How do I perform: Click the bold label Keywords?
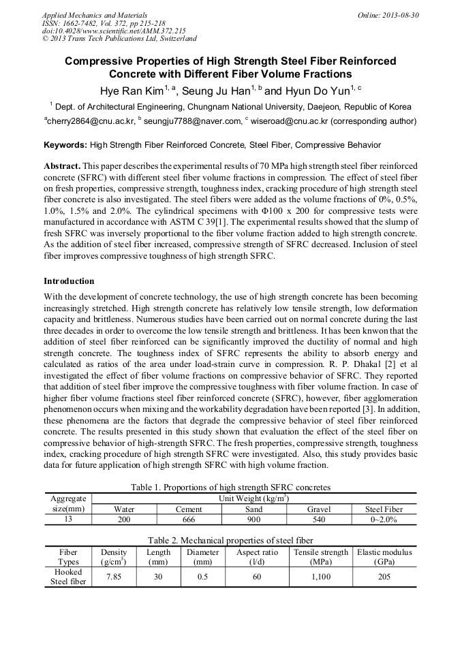(65, 145)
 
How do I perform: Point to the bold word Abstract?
(63, 166)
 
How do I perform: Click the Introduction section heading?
(69, 281)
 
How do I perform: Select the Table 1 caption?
(230, 487)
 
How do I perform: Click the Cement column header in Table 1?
(189, 509)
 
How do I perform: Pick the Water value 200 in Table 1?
(124, 519)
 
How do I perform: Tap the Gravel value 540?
(319, 519)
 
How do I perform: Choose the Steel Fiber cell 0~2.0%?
(384, 519)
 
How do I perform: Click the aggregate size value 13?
(67, 519)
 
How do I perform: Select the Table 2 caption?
(230, 539)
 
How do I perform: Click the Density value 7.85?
(114, 576)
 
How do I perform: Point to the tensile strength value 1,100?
(320, 576)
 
